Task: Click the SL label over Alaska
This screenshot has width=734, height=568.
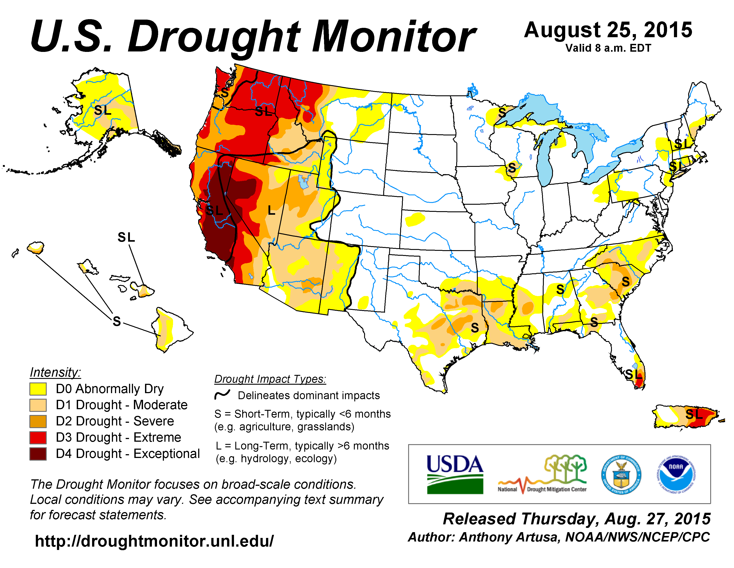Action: pyautogui.click(x=103, y=110)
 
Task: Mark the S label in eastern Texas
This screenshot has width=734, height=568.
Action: pyautogui.click(x=475, y=327)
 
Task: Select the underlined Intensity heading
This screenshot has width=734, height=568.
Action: pyautogui.click(x=55, y=372)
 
